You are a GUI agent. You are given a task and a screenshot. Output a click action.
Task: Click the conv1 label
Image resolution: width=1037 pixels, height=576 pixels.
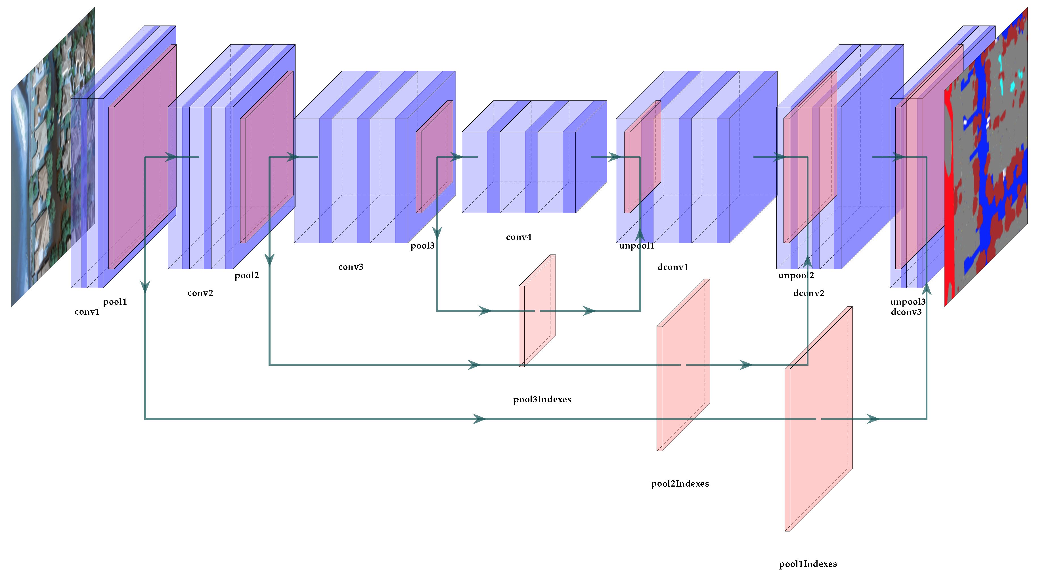pos(87,312)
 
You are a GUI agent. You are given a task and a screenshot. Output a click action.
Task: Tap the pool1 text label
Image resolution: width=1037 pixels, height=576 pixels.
pos(115,302)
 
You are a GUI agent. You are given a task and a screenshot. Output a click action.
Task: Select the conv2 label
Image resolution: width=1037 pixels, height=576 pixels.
pos(200,293)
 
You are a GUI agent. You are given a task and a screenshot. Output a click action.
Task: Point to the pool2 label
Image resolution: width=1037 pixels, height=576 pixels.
pos(246,276)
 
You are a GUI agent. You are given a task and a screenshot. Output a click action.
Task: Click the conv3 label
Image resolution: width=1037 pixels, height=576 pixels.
pos(351,267)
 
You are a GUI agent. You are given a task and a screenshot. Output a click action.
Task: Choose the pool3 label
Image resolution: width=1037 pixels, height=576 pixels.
pos(422,245)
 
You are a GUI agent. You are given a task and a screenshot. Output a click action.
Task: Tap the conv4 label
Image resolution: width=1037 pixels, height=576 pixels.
pos(518,237)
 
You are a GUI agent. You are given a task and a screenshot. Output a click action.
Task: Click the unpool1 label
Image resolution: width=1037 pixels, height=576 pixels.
pos(636,245)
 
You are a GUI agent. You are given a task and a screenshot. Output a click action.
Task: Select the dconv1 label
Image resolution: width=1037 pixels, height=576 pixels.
pos(673,267)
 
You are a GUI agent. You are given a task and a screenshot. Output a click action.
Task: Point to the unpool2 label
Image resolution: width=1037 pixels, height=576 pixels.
pos(796,276)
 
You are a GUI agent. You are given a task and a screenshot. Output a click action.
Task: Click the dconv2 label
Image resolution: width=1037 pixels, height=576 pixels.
pos(808,293)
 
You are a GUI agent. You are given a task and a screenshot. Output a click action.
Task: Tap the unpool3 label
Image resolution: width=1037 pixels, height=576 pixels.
pos(907,302)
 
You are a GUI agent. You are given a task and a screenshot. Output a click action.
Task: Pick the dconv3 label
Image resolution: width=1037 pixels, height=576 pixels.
pos(906,312)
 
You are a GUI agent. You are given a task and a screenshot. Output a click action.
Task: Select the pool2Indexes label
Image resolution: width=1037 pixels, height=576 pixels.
pos(680,483)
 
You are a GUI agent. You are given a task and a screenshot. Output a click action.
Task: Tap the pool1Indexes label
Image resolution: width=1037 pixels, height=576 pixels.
pos(808,564)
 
